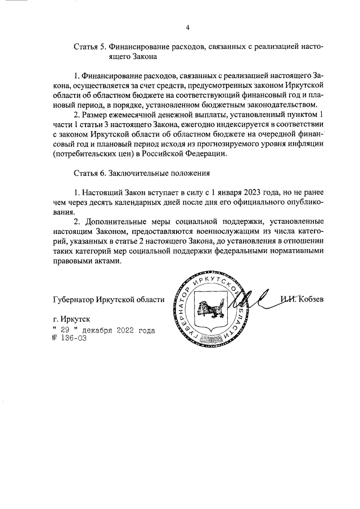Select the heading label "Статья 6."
(90, 173)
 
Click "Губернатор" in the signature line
(72, 299)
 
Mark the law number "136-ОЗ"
(68, 339)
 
